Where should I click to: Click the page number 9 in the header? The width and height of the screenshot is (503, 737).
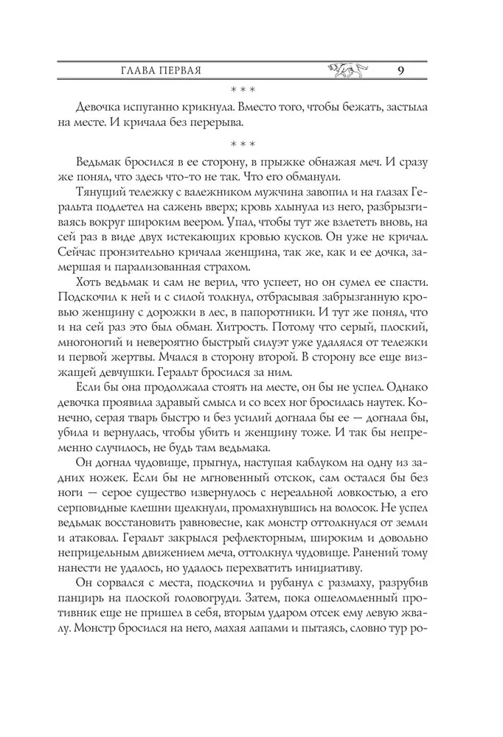[x=399, y=71]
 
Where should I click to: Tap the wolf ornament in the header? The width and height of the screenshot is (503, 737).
[x=346, y=71]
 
